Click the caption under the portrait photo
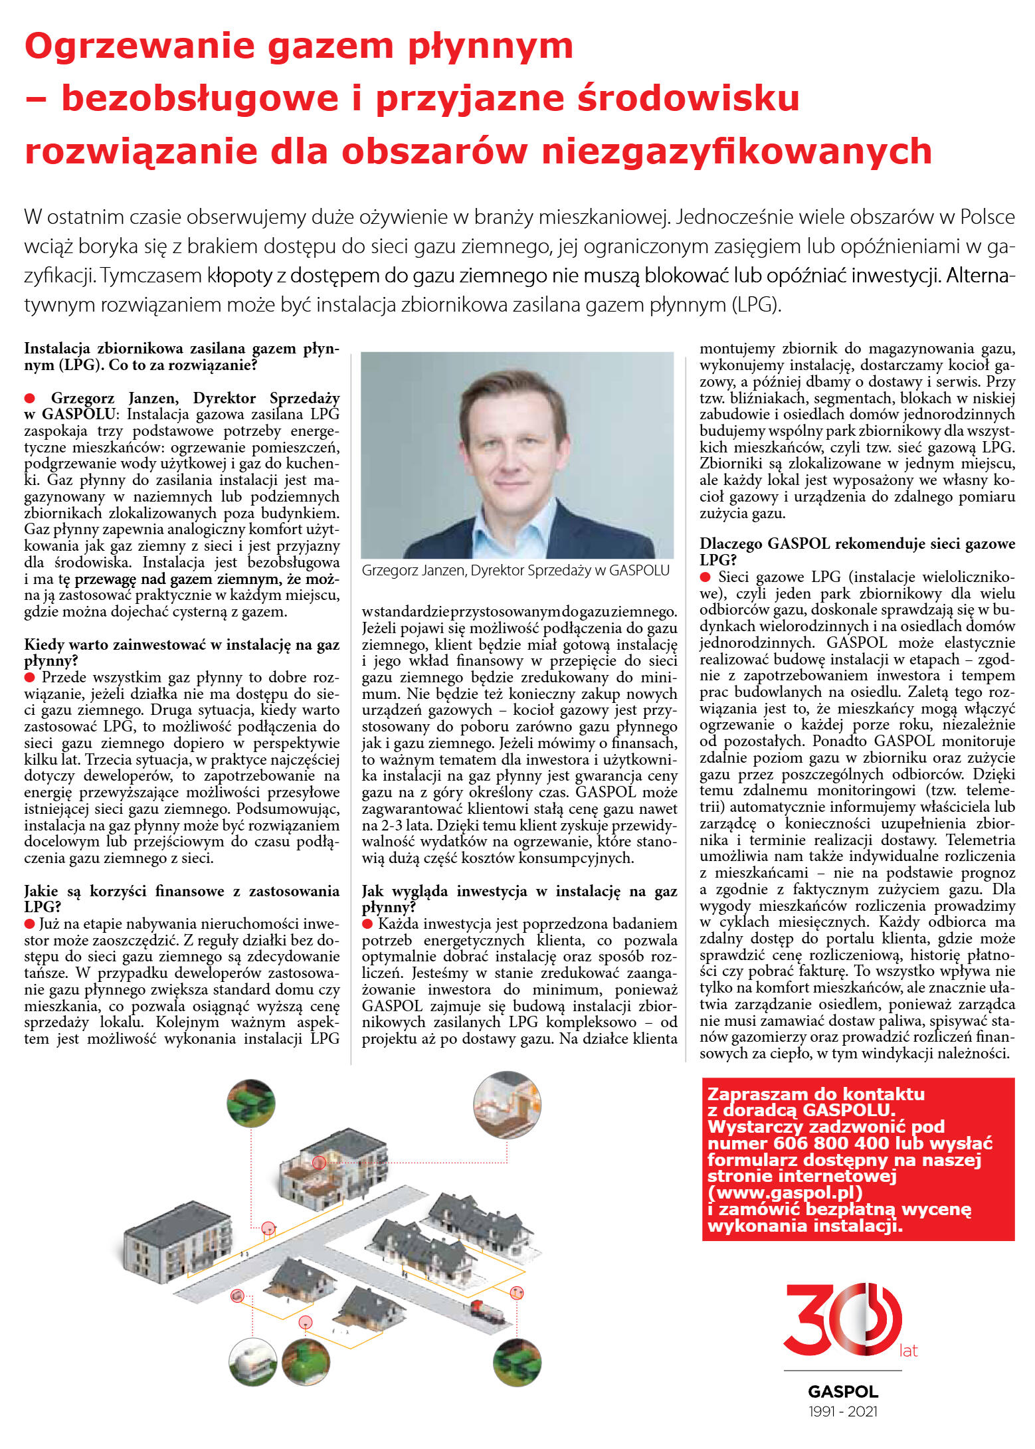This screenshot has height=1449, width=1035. (516, 570)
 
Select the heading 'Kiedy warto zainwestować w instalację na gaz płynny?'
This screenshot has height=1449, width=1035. (181, 652)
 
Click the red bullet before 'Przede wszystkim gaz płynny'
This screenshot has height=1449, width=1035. (30, 677)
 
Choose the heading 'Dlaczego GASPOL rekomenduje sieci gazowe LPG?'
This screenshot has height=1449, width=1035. (857, 551)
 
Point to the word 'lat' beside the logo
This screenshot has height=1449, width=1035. (908, 1351)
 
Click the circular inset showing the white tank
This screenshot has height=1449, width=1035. (252, 1361)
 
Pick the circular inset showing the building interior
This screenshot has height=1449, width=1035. (507, 1104)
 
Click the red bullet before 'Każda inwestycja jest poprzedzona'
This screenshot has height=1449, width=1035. (367, 923)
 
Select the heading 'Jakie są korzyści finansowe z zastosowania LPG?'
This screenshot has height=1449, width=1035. (181, 898)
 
